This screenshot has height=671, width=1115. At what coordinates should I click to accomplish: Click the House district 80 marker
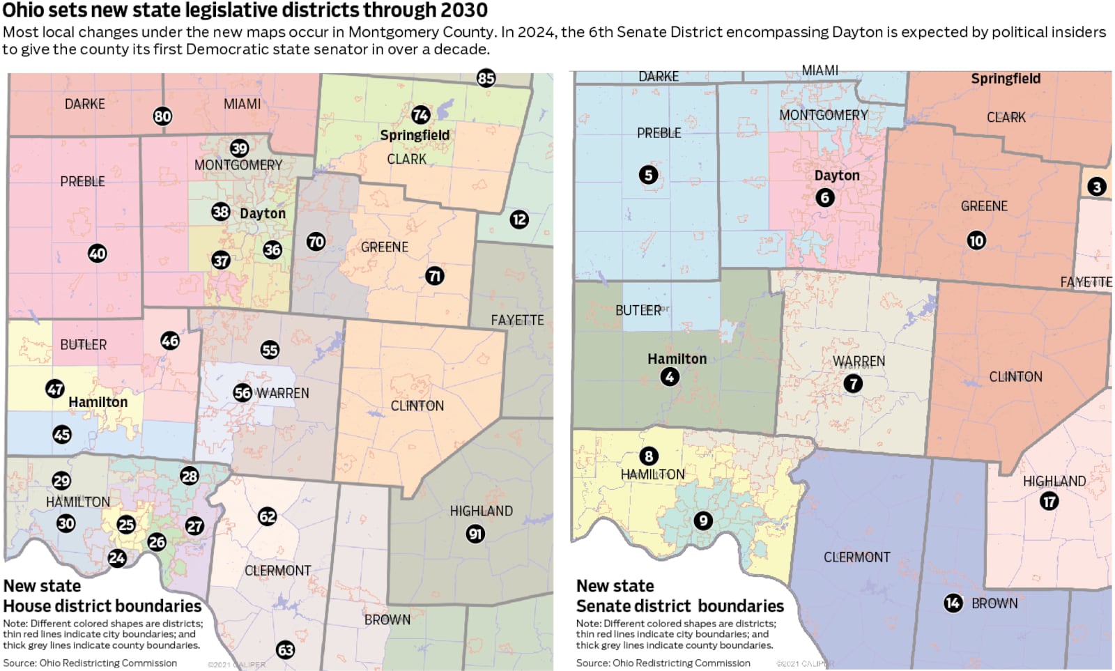click(x=162, y=116)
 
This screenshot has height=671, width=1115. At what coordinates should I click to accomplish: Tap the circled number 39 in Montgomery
click(x=239, y=148)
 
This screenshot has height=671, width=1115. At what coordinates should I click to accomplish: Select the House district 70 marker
click(x=316, y=242)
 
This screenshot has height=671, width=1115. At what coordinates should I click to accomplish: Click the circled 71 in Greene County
click(x=435, y=276)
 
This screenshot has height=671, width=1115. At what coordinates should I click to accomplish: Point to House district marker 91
click(x=475, y=534)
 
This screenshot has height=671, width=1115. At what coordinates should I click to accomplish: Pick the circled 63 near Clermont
click(x=285, y=650)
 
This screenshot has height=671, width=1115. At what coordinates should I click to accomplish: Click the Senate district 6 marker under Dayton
click(x=824, y=198)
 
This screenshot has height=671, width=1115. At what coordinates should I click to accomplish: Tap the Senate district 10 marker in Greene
click(x=976, y=240)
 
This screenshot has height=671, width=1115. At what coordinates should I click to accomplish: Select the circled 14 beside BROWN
click(x=953, y=603)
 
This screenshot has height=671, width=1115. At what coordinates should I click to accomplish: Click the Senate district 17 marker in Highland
click(x=1049, y=501)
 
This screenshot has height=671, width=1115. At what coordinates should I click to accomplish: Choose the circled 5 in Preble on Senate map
click(x=648, y=175)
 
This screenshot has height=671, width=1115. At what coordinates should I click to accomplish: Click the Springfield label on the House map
click(x=415, y=135)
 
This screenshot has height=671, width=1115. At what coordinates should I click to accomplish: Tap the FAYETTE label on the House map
click(x=517, y=321)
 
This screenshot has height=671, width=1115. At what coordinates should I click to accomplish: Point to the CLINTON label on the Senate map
click(x=1015, y=377)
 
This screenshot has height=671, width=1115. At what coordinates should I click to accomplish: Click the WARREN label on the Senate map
click(x=859, y=361)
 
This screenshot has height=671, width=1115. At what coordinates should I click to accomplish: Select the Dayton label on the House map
click(x=263, y=213)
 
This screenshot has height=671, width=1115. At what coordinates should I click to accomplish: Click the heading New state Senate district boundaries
click(x=679, y=596)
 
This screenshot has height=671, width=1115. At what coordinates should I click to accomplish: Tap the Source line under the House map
click(x=90, y=663)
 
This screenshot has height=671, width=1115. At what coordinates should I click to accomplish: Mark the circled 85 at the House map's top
click(x=486, y=78)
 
